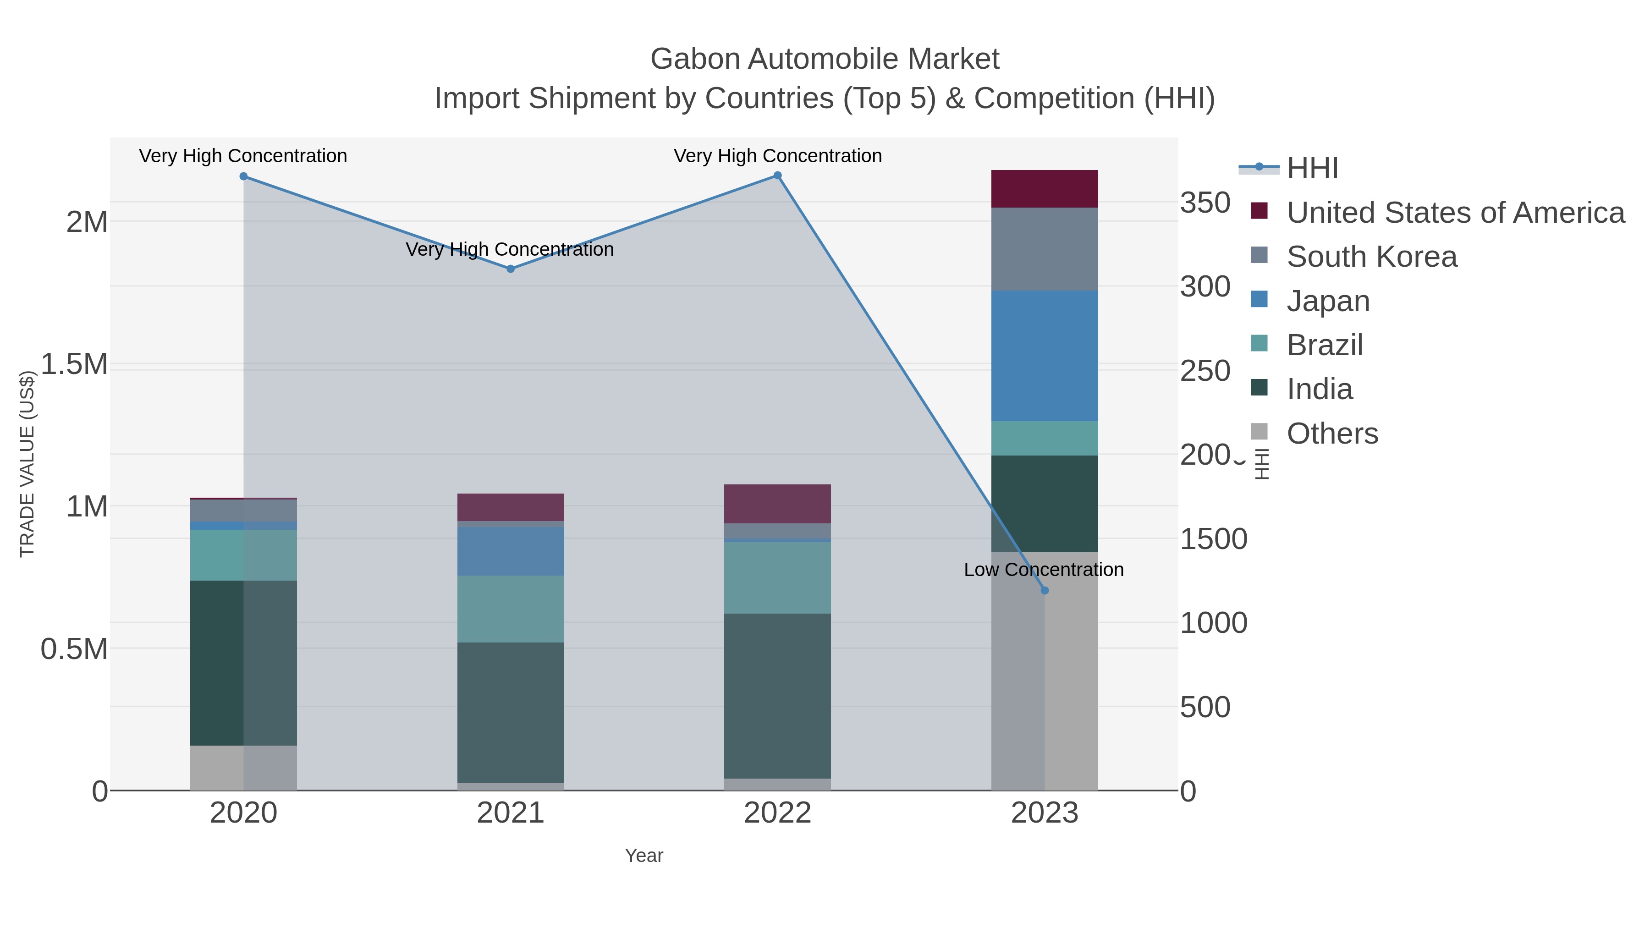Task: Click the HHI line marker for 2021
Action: tap(511, 269)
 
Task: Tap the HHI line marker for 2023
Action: tap(1045, 591)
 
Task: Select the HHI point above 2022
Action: tap(778, 176)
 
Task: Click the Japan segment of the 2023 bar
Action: tap(1045, 356)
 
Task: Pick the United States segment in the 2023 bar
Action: tap(1045, 189)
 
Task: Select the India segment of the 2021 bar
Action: tap(511, 712)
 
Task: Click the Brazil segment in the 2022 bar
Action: tap(778, 578)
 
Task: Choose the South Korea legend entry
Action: tap(1371, 257)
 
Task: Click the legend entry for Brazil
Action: tap(1324, 345)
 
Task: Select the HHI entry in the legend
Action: tap(1312, 169)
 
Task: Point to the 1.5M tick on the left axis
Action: tap(74, 364)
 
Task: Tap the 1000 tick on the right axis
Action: tap(1213, 623)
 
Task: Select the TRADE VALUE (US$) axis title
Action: tap(27, 464)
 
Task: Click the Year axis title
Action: tap(644, 856)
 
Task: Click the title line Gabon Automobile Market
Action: tap(825, 59)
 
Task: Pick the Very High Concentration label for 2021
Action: tap(509, 249)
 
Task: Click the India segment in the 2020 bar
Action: tap(243, 663)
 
